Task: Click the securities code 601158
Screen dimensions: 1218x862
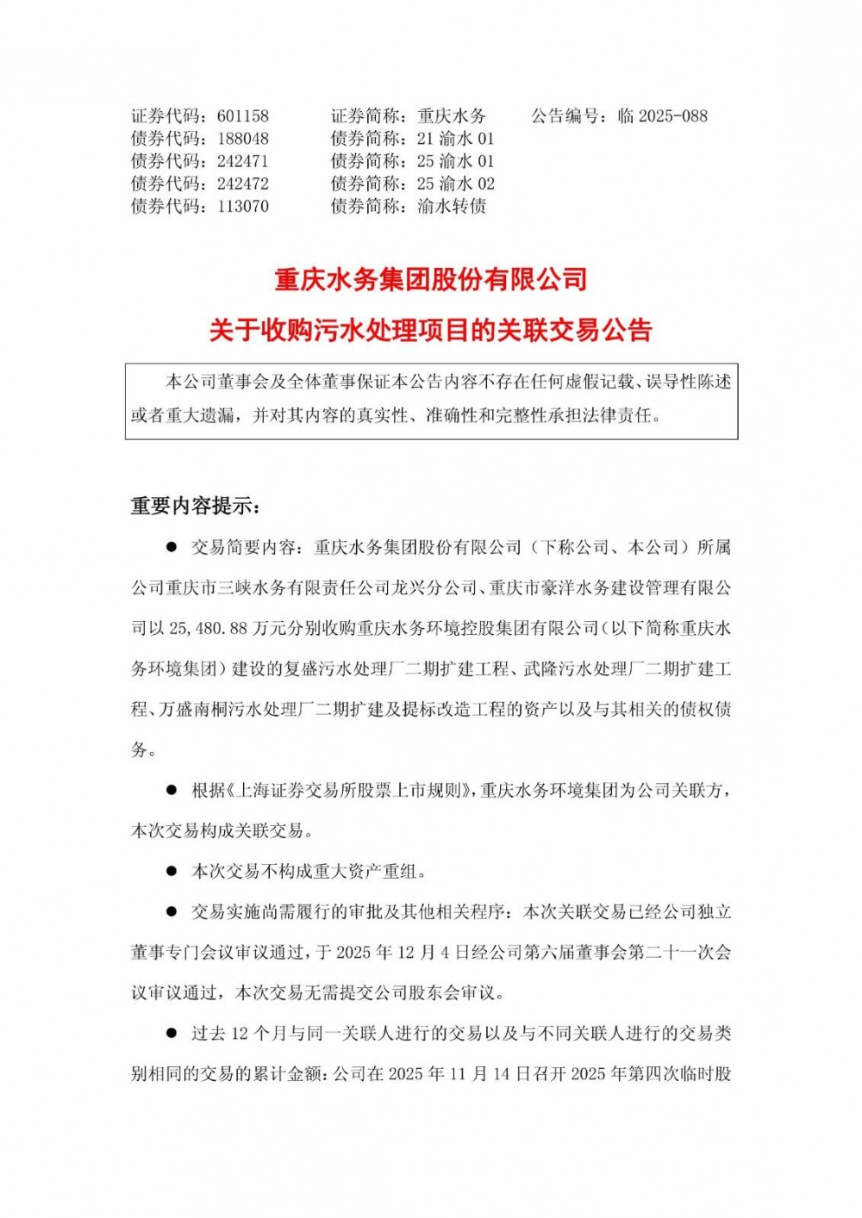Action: [242, 116]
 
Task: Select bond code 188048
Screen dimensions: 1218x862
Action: [242, 139]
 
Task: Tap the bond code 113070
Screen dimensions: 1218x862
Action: [242, 207]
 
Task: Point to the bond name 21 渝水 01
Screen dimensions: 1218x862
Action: [455, 139]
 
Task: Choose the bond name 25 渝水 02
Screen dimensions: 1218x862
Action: [455, 184]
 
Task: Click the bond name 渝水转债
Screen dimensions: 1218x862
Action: [452, 207]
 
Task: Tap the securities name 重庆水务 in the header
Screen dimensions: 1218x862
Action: [452, 116]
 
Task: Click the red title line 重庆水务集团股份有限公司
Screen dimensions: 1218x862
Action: [431, 279]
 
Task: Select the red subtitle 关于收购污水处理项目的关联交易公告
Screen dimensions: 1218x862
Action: [431, 330]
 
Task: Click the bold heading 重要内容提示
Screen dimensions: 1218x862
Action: [193, 506]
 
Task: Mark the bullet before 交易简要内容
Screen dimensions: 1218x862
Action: [172, 547]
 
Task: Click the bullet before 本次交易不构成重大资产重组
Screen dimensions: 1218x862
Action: [172, 872]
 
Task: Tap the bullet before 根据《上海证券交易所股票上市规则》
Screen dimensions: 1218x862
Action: [172, 790]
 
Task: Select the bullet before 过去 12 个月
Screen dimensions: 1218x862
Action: [172, 1033]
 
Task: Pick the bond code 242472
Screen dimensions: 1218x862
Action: [242, 184]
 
